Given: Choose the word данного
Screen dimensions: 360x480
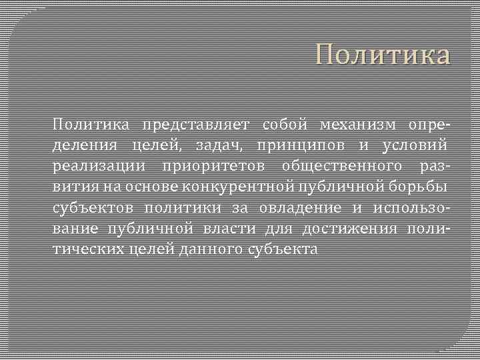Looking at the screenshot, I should click(x=205, y=249).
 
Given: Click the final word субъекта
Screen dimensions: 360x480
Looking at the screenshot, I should click(x=283, y=249).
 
